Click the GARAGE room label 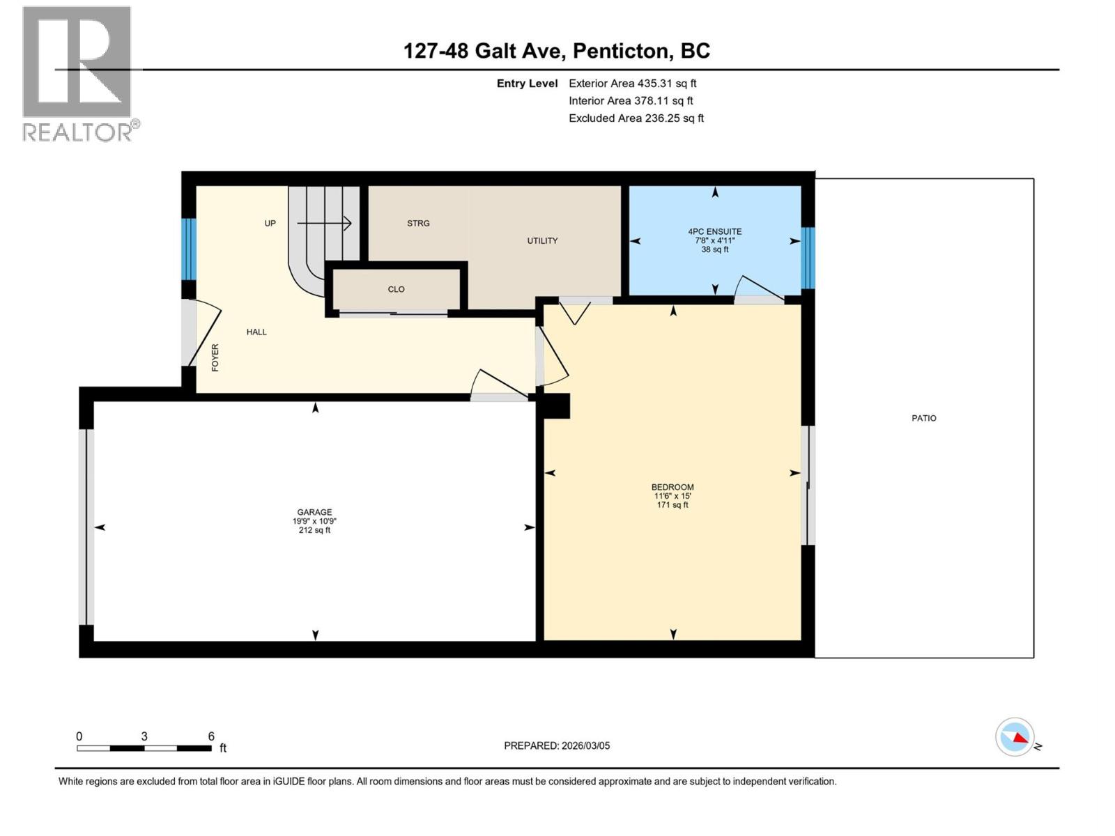coord(314,512)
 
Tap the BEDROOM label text coord(672,487)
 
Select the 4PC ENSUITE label coord(714,232)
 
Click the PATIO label coord(924,418)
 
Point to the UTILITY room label coord(542,241)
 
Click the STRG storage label coord(418,224)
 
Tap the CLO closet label coord(396,289)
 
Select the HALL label coord(256,332)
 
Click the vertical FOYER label coord(215,357)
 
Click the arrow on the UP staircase coord(324,223)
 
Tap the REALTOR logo coord(77,73)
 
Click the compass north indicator coord(1015,737)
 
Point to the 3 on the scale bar coord(144,736)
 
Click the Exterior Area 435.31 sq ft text coord(632,84)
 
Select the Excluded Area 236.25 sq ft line coord(636,118)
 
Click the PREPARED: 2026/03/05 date coord(557,745)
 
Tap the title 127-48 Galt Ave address coord(557,51)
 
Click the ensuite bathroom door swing coord(758,288)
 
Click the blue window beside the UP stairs coord(189,249)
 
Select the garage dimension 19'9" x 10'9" coord(314,521)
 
